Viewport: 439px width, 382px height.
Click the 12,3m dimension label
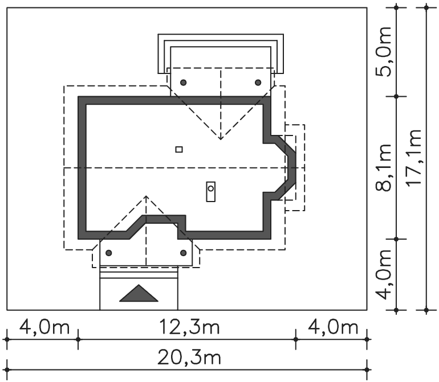pos(189,327)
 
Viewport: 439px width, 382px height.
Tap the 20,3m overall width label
pos(189,358)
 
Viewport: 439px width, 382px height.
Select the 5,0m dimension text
pos(383,52)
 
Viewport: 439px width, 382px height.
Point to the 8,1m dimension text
pos(383,168)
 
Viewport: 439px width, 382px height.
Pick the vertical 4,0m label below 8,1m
pos(383,274)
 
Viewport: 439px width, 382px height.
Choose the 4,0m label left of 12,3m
pos(44,327)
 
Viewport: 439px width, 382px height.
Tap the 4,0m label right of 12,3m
pos(333,327)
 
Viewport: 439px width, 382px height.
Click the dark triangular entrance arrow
pos(139,294)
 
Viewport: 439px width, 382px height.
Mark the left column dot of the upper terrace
pos(184,83)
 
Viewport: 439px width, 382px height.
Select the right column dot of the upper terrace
pos(258,83)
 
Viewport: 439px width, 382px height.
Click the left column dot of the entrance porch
pos(109,253)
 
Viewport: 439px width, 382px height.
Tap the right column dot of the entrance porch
pos(184,253)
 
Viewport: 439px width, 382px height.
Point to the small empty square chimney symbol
pos(179,150)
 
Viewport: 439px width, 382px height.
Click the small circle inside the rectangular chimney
pos(211,188)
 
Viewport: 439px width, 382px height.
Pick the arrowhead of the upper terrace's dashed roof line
pos(221,138)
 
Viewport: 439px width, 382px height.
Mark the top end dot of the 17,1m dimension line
pos(426,7)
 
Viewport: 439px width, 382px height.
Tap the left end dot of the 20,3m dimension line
pos(7,369)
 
